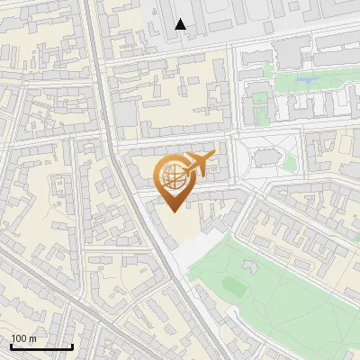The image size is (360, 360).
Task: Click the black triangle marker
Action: (x=181, y=24)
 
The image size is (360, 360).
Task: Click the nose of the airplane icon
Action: (x=214, y=155)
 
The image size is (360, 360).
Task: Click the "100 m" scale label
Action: (x=24, y=338)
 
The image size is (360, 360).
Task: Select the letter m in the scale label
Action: (x=32, y=338)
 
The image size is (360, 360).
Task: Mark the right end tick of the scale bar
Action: (x=72, y=346)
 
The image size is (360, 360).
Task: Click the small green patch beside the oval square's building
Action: (x=289, y=162)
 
